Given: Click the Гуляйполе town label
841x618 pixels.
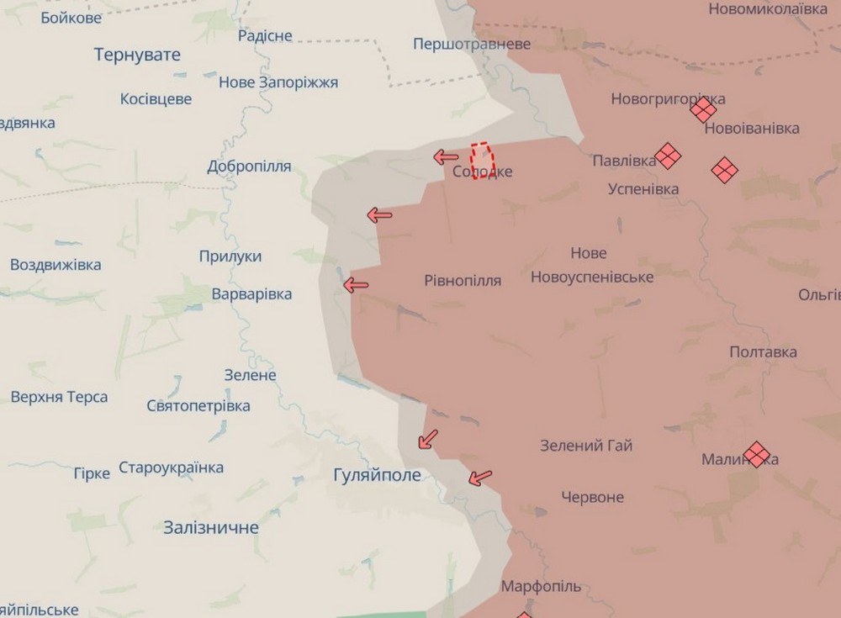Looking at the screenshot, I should click(377, 476).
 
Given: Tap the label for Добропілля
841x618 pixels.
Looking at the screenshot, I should click(249, 166).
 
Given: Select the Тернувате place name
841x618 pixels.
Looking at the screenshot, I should click(137, 55).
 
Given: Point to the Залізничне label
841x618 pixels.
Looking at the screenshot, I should click(210, 528).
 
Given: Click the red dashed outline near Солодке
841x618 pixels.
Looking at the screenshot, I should click(482, 160).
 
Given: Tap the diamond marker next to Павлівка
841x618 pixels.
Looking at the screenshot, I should click(668, 156).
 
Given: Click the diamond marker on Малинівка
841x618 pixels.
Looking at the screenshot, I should click(757, 454).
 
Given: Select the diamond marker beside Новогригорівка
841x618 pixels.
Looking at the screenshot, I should click(703, 109).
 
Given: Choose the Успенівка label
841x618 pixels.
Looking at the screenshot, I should click(643, 189).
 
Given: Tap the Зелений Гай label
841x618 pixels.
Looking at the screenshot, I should click(586, 446).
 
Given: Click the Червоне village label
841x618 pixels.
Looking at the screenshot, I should click(592, 497).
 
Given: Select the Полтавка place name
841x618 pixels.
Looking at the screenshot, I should click(763, 352).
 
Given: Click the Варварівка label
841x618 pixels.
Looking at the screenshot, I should click(251, 294).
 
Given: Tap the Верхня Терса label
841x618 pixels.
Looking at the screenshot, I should click(59, 397).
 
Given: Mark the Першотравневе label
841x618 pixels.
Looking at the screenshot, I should click(472, 44).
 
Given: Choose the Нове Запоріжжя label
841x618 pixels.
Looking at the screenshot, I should click(278, 82).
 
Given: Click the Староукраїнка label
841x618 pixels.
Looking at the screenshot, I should click(171, 467).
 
